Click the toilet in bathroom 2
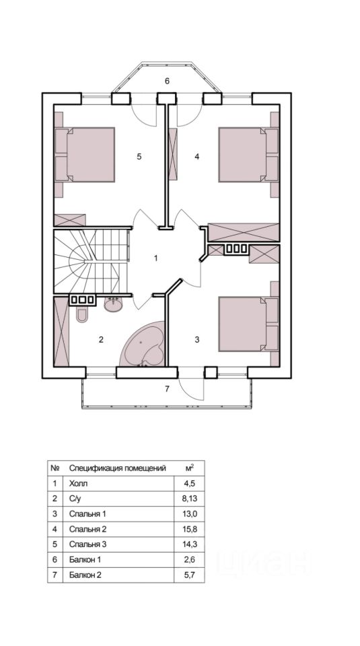coord(81,314)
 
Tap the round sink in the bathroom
coord(113,304)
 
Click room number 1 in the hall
coord(155,258)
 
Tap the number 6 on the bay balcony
coord(167,81)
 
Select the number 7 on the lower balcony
coord(167,388)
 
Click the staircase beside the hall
coord(92,261)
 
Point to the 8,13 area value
coord(190,499)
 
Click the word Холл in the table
coord(79,483)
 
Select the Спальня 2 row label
coord(88,529)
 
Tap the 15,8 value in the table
coord(190,529)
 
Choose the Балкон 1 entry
coord(85,559)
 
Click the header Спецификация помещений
coord(117,468)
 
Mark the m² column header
coord(190,468)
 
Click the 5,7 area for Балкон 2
coord(190,575)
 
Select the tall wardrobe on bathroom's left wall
coord(61,331)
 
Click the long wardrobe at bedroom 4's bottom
coord(244,232)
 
